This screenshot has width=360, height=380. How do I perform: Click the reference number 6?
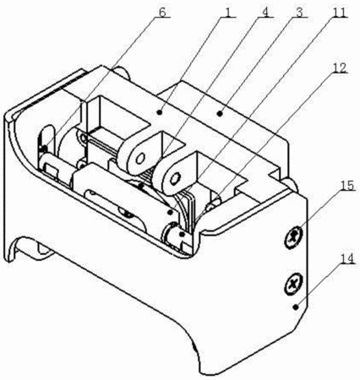point(162,12)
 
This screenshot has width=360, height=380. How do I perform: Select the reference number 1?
point(228,12)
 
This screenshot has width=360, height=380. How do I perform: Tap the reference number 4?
point(265,12)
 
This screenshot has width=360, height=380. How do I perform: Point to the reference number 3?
point(299,12)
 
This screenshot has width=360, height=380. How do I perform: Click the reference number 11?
point(338,12)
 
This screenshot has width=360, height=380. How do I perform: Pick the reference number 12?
point(339,68)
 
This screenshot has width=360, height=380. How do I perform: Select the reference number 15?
point(346,186)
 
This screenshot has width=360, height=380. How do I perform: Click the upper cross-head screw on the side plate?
point(293,237)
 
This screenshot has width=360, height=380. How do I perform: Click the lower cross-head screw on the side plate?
point(293,284)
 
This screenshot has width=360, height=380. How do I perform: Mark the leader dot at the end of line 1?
point(160,112)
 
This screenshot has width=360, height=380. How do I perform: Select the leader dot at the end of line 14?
point(295,307)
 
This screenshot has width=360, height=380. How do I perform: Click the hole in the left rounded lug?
point(139,159)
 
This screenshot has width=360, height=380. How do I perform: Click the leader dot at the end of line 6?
point(44,147)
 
